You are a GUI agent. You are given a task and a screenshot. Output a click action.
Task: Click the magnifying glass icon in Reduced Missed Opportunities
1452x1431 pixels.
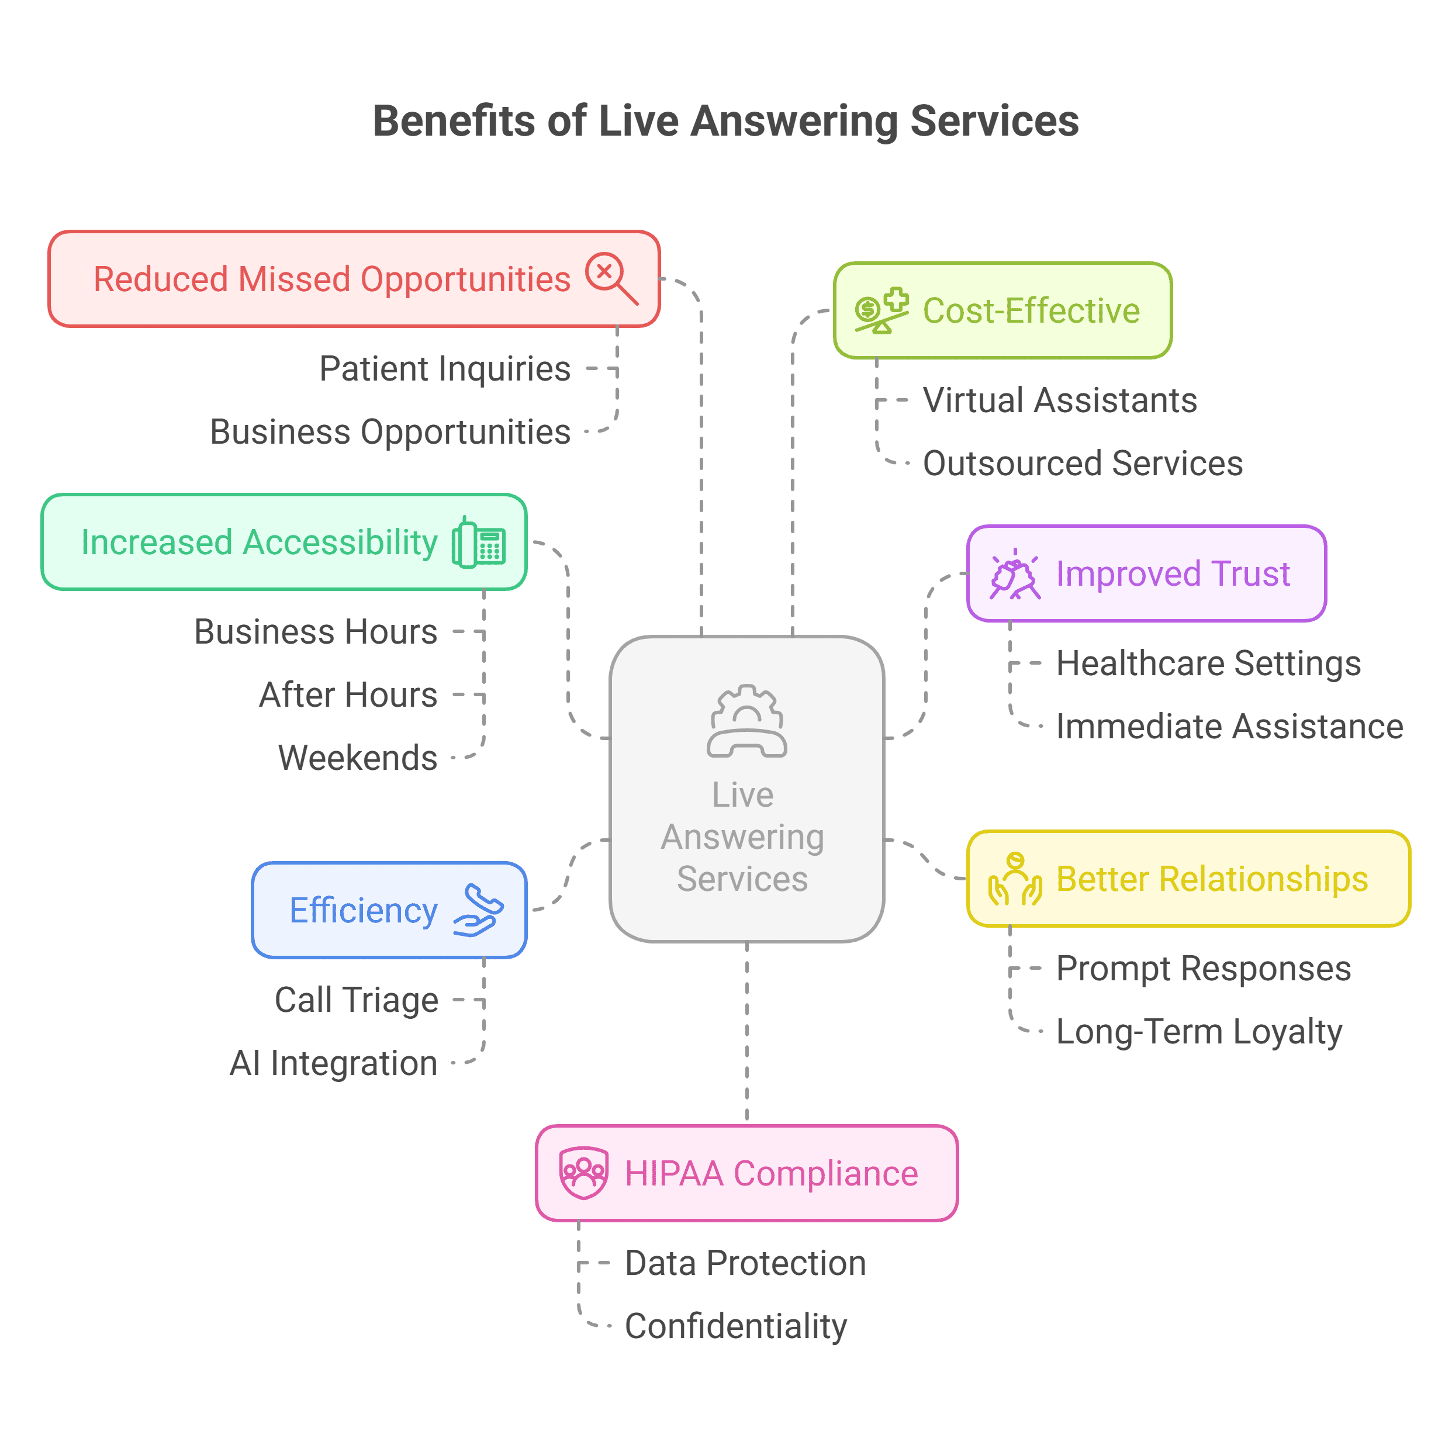612,279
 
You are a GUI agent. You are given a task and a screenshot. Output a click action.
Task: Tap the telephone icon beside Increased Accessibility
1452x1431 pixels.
479,542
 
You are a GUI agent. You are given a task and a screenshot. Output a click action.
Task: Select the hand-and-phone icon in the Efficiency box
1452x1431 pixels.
478,910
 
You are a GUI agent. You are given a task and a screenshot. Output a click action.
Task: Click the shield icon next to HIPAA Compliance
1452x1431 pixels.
583,1173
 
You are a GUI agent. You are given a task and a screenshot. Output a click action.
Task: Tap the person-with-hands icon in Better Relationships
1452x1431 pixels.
1015,879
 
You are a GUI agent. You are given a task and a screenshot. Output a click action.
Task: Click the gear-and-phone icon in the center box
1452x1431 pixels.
746,721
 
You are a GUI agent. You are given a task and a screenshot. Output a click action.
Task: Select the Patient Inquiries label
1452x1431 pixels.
445,369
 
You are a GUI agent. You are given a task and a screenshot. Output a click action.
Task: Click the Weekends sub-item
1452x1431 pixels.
358,758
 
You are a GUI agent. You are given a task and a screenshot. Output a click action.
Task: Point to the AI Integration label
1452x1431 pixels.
334,1063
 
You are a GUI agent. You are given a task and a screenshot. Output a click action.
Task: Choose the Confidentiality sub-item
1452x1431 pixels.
736,1326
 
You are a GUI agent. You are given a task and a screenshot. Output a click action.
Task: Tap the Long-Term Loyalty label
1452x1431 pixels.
1199,1032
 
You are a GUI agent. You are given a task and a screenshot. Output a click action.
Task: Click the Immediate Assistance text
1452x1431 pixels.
1229,727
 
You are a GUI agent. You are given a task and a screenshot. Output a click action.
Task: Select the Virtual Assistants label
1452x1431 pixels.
1060,400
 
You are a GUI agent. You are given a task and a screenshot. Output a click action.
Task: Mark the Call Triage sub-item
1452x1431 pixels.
356,1000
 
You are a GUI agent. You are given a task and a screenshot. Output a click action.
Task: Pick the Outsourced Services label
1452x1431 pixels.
1082,464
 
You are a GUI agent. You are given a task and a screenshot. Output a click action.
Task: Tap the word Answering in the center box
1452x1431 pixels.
742,837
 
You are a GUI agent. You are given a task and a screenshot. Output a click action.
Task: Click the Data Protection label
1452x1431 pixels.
745,1263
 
